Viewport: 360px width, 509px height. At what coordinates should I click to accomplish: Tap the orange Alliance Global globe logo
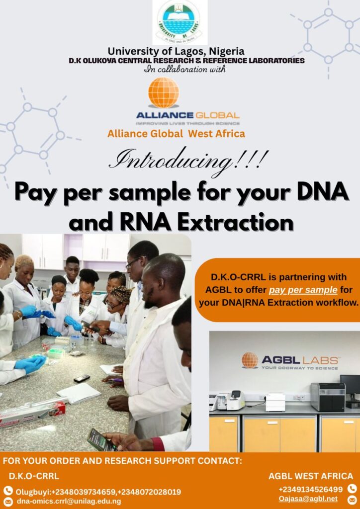[164, 92]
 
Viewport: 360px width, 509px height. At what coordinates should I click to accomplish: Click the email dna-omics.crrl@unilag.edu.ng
[69, 501]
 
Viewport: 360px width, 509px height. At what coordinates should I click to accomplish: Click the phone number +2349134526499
[310, 489]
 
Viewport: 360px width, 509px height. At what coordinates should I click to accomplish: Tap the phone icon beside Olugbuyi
[8, 491]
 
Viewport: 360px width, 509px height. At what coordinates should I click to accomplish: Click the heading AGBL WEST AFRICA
[311, 476]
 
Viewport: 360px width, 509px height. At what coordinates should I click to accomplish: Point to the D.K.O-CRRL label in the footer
[34, 476]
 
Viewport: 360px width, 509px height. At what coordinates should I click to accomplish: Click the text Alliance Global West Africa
[176, 133]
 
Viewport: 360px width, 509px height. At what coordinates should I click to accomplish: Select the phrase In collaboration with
[184, 69]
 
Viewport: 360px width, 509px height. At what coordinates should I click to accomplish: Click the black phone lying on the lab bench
[82, 378]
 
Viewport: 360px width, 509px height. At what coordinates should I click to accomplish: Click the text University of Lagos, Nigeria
[176, 51]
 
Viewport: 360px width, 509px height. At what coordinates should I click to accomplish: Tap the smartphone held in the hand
[101, 439]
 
